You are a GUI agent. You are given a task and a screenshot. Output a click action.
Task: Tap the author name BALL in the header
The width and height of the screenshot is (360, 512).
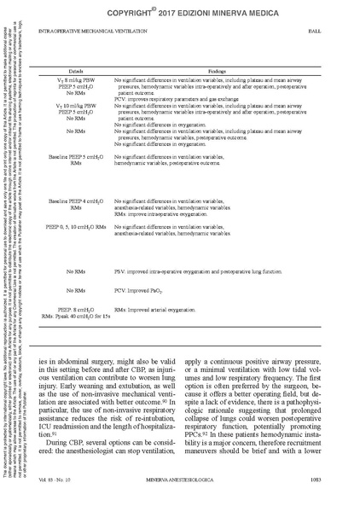[x=337, y=31]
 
